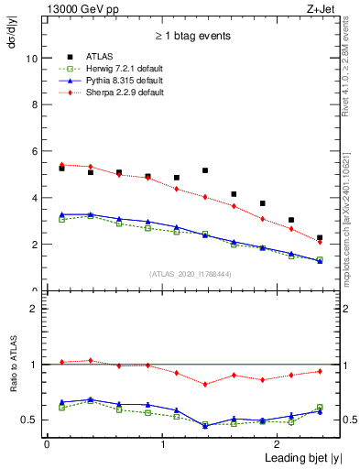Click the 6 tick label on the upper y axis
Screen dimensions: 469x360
click(34, 151)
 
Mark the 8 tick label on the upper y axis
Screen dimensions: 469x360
click(34, 104)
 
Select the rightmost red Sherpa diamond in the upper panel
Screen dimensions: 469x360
click(320, 242)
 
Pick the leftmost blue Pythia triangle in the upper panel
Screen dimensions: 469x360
click(61, 214)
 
